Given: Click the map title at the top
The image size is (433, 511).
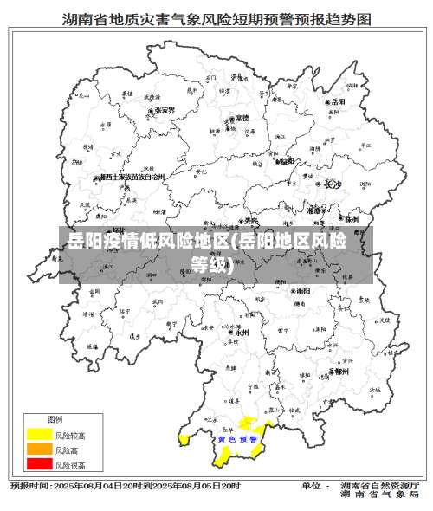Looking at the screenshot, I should click(x=216, y=18).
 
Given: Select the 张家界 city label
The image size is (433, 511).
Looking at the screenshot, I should click(x=162, y=111).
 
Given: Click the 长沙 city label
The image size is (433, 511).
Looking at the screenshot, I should click(x=332, y=184).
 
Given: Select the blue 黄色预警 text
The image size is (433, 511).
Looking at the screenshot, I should click(x=238, y=439).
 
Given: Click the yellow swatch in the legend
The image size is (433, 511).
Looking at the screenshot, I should click(x=39, y=434).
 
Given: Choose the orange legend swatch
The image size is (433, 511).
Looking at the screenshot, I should click(x=39, y=450).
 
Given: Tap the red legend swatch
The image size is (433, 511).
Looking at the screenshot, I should click(x=39, y=465).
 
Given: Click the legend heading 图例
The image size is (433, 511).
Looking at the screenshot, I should click(x=55, y=419).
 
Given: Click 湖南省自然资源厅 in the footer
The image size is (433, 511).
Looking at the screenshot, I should click(x=380, y=486).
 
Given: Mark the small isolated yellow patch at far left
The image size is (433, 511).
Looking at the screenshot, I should click(x=184, y=439).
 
